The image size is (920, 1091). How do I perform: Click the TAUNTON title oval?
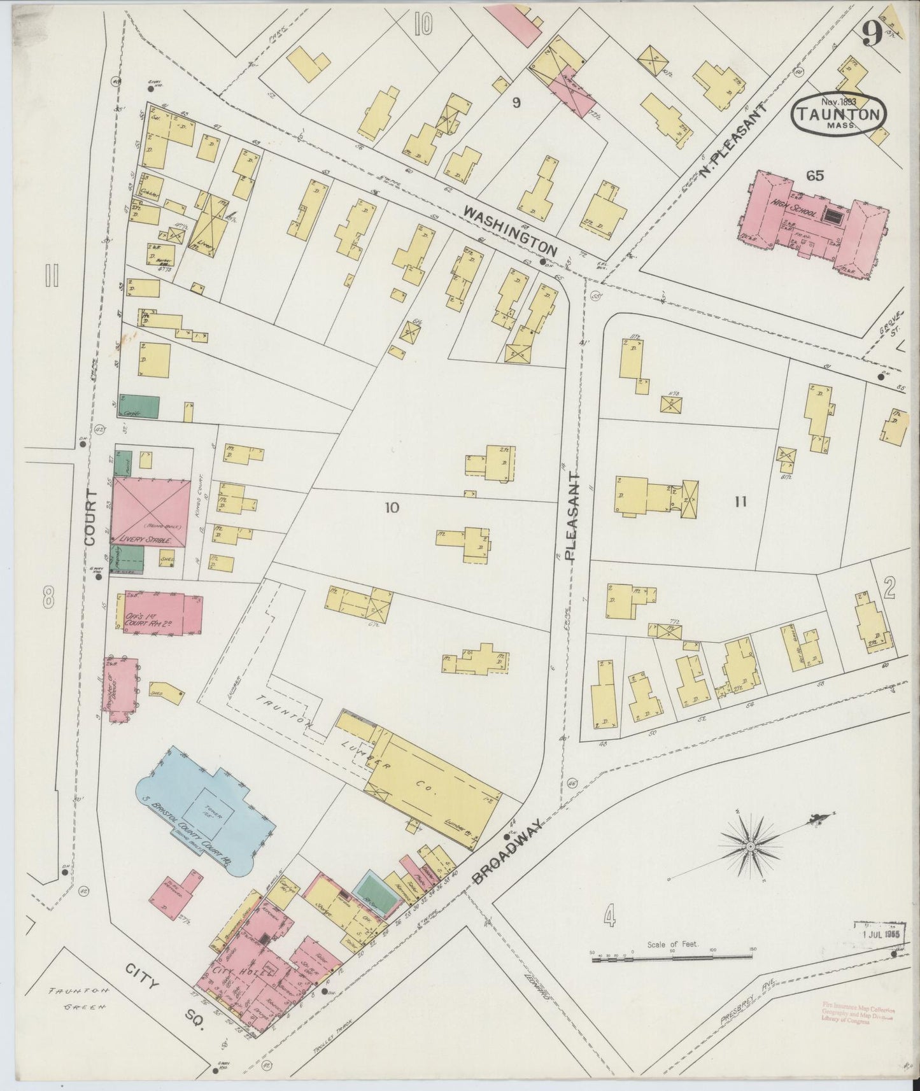point(839,115)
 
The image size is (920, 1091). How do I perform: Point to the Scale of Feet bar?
point(672,957)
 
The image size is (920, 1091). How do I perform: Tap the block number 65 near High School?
point(814,176)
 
